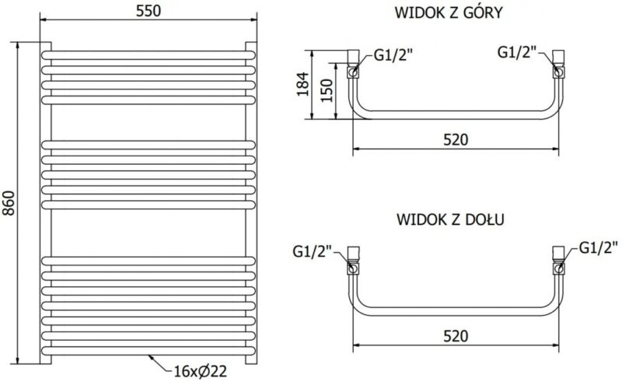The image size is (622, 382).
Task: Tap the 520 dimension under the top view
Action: coord(456,139)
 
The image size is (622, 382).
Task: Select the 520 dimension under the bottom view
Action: coord(456,335)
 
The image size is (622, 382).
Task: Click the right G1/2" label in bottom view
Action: coord(598,248)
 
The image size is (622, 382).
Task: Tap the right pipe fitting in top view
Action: coord(558,63)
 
